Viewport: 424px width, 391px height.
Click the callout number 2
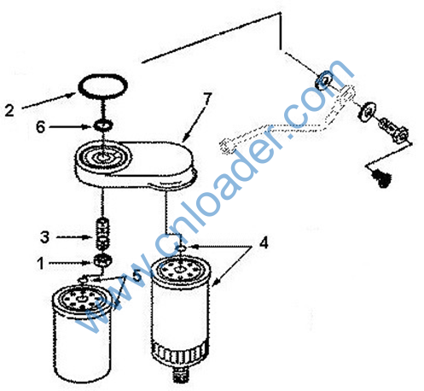pyautogui.click(x=9, y=110)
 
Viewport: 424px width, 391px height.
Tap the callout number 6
pyautogui.click(x=40, y=127)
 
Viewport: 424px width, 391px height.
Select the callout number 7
pyautogui.click(x=207, y=99)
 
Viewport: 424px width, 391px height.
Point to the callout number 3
pyautogui.click(x=44, y=236)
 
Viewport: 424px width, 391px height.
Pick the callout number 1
pyautogui.click(x=41, y=263)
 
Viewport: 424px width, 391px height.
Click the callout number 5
pyautogui.click(x=137, y=275)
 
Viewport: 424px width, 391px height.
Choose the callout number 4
pyautogui.click(x=264, y=243)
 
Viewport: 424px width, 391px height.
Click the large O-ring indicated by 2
pyautogui.click(x=102, y=86)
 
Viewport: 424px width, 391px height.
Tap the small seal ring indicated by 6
pyautogui.click(x=103, y=125)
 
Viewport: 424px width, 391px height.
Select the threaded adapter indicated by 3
pyautogui.click(x=102, y=234)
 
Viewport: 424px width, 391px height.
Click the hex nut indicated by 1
pyautogui.click(x=102, y=260)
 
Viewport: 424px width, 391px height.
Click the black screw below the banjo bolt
pyautogui.click(x=381, y=177)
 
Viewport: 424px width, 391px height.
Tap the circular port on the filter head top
pyautogui.click(x=103, y=156)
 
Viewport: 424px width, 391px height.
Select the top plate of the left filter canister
pyautogui.click(x=82, y=300)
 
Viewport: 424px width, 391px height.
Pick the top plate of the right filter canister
pyautogui.click(x=181, y=270)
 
